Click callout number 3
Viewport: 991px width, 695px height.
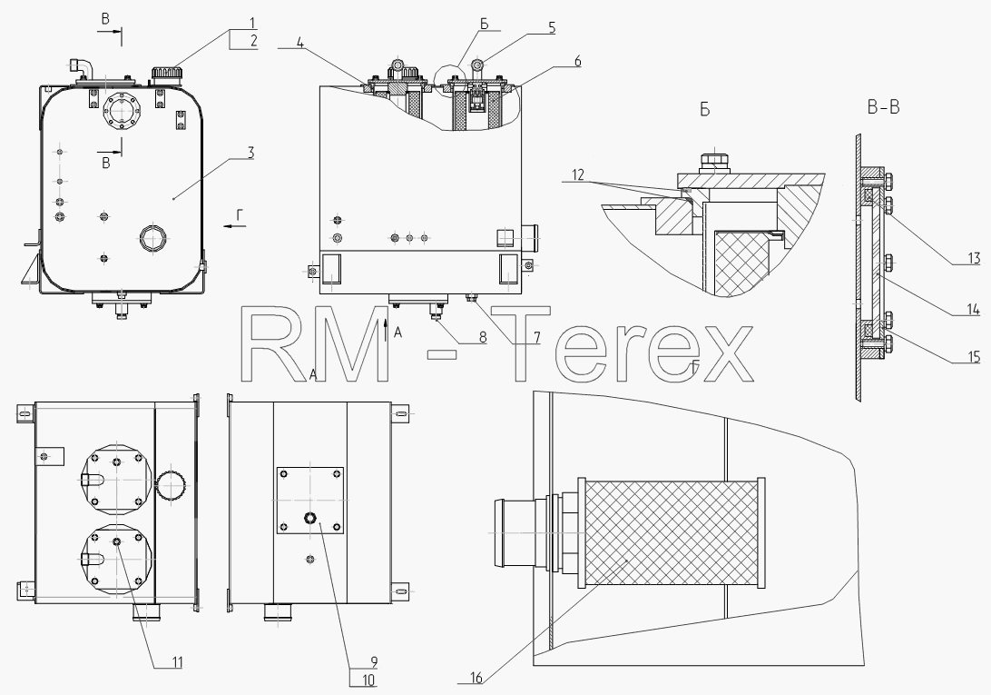(x=250, y=153)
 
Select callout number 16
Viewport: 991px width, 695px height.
(x=476, y=678)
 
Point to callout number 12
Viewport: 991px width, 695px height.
(x=578, y=174)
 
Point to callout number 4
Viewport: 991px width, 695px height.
(x=300, y=45)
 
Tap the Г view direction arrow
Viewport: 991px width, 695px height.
(x=233, y=224)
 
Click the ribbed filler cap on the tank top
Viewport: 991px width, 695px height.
(x=166, y=73)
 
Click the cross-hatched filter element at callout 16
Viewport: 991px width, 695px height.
(x=672, y=533)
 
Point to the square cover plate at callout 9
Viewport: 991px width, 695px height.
(x=310, y=501)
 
